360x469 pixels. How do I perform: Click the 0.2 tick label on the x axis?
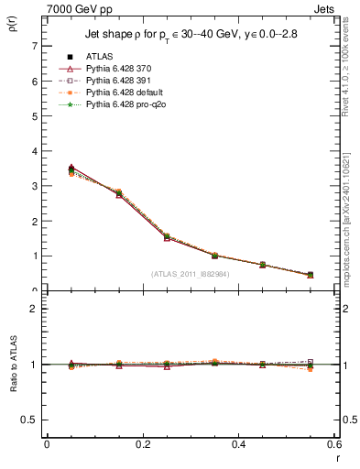142,444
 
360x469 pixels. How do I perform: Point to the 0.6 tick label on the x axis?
334,444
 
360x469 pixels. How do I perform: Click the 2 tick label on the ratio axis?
35,309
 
